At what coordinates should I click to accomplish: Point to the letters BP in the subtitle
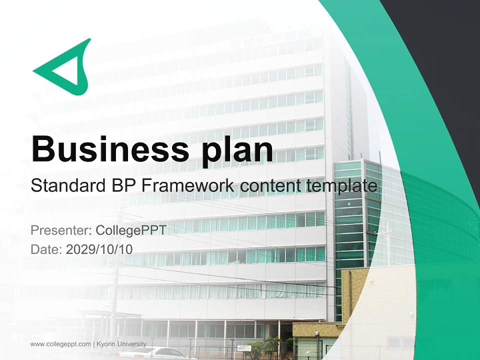click(122, 186)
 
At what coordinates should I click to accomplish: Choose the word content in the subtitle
click(270, 186)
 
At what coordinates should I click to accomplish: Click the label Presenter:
click(60, 230)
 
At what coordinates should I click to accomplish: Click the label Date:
click(45, 249)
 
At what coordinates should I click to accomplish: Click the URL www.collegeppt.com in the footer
click(60, 344)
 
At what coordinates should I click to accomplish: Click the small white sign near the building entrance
click(243, 347)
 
